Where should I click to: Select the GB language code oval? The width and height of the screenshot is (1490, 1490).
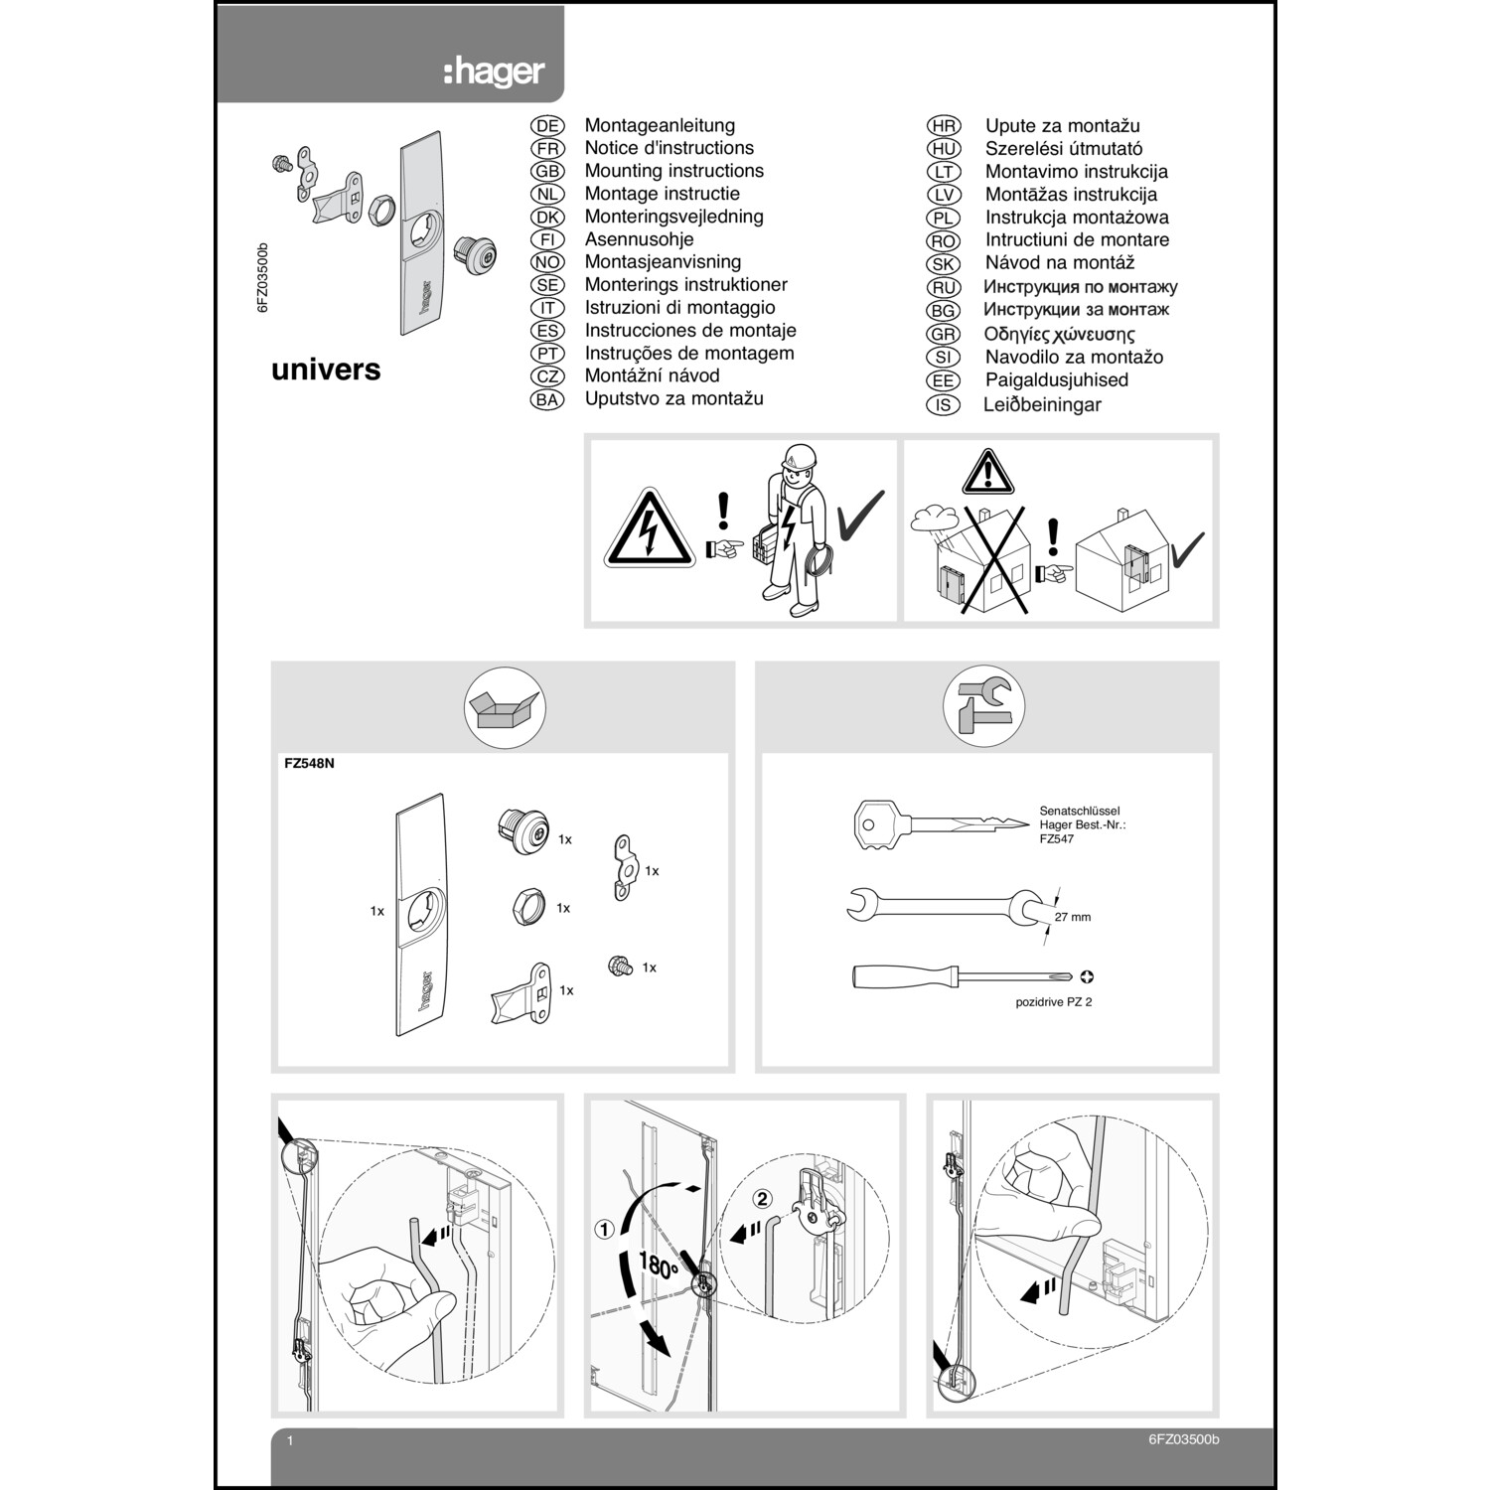547,171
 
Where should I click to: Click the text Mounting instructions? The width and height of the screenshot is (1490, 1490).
673,171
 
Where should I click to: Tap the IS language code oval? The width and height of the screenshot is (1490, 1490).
943,404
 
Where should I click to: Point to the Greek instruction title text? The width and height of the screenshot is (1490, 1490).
1059,334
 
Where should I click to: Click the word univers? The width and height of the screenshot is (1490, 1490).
326,370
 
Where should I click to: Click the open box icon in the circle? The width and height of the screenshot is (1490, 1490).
506,708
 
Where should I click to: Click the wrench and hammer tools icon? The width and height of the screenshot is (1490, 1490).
983,706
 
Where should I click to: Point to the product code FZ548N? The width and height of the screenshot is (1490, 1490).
309,765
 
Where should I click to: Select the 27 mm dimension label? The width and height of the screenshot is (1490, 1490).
1072,917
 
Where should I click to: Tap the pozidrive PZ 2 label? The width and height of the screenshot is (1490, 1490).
1053,1002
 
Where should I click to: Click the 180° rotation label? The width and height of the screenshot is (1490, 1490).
658,1266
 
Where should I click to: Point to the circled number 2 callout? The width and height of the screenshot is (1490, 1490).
762,1199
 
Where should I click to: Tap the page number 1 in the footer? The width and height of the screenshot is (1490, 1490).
290,1440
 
